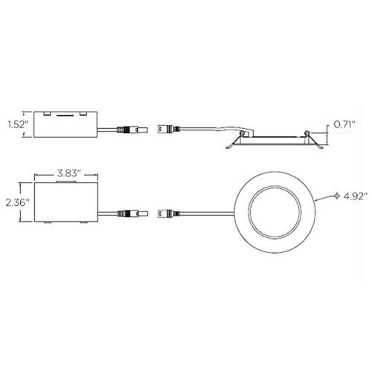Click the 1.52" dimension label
17,124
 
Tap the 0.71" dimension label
344,124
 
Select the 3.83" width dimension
68,173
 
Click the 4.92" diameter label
355,196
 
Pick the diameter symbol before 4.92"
336,196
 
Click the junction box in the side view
65,124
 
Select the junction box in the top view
66,202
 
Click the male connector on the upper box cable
132,129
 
